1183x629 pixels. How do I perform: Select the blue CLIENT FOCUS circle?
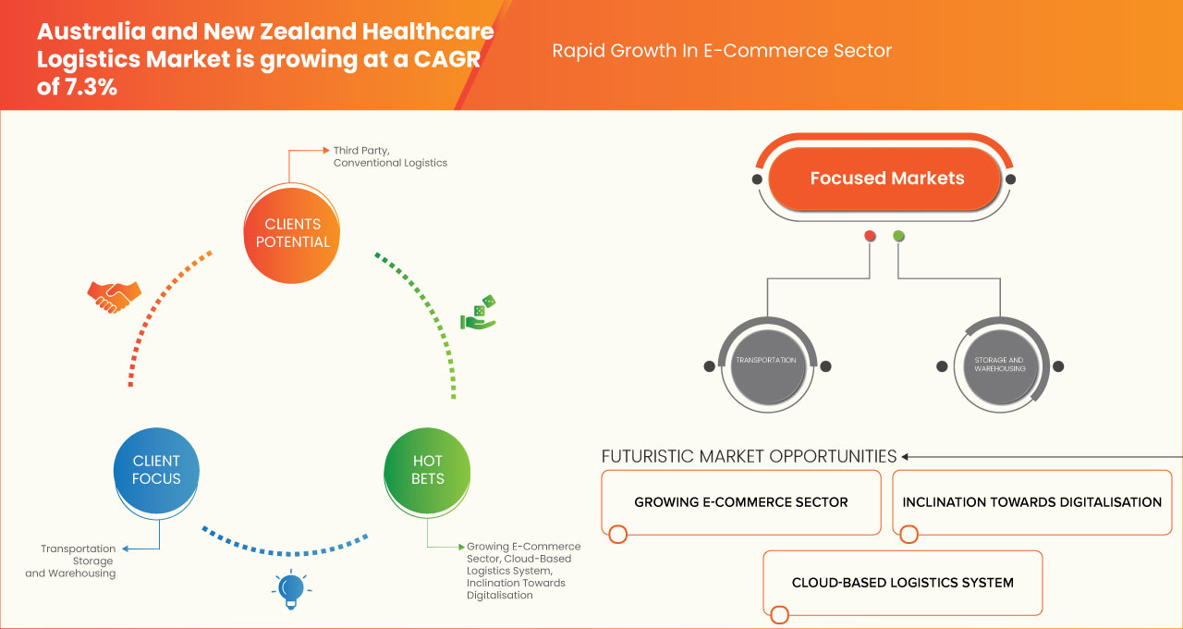point(156,470)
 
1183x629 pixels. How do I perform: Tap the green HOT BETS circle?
point(427,470)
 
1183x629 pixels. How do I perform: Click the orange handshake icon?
point(114,297)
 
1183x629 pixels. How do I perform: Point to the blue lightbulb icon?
point(291,588)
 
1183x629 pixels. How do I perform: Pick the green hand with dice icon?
point(478,314)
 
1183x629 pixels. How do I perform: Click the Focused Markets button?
point(885,179)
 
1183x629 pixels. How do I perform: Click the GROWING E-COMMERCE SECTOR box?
point(740,502)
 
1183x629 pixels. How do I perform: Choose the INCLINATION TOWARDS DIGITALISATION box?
point(1031,502)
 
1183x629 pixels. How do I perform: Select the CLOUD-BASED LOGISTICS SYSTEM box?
point(902,583)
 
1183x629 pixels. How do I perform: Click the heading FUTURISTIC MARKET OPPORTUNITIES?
point(749,456)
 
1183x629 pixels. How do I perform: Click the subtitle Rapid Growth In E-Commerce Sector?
point(722,51)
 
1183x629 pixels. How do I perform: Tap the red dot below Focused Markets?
point(870,237)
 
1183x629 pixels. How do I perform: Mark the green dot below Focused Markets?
point(898,237)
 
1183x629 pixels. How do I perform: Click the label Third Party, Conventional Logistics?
point(390,155)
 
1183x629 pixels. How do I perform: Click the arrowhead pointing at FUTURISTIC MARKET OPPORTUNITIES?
point(906,456)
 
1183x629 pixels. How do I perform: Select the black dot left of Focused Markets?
point(757,179)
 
